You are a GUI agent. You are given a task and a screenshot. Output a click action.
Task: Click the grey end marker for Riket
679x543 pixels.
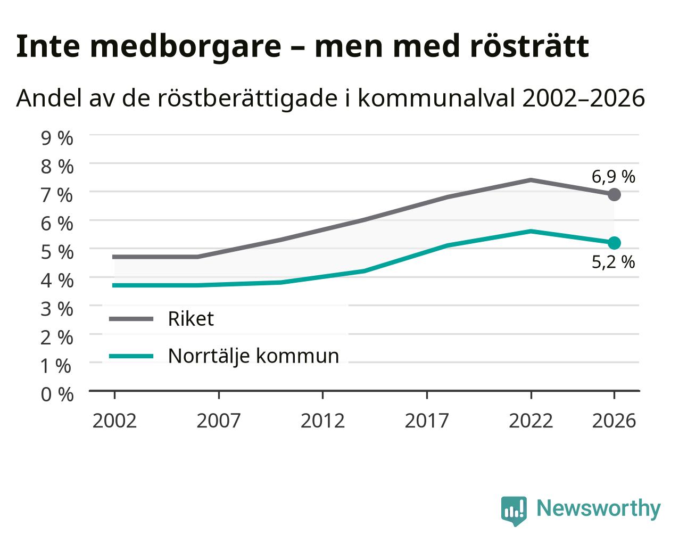click(614, 194)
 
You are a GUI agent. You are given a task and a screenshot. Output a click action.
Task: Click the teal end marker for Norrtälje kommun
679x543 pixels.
click(614, 243)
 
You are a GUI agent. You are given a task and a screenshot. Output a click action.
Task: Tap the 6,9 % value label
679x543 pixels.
click(613, 177)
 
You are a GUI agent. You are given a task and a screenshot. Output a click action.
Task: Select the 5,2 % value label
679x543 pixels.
click(613, 262)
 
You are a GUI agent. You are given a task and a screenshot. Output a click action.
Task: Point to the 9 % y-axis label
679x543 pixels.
click(57, 138)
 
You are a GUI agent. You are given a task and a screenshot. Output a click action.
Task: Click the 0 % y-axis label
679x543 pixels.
click(57, 394)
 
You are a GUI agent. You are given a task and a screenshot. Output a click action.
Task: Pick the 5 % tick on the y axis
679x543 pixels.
click(57, 252)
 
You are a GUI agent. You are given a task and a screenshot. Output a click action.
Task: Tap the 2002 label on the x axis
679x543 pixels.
click(114, 421)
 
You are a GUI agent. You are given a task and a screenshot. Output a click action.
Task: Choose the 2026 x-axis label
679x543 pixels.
click(614, 421)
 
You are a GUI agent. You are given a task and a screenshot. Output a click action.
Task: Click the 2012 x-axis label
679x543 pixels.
click(322, 421)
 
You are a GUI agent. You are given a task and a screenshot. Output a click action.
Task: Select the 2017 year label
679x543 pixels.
click(427, 421)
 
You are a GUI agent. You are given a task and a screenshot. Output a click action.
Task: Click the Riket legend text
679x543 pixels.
click(191, 318)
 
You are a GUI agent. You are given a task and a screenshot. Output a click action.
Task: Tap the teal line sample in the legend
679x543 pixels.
click(131, 356)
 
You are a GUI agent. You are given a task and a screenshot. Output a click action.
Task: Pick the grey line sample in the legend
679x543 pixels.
click(131, 319)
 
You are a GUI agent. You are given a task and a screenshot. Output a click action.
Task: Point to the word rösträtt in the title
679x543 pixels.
click(529, 46)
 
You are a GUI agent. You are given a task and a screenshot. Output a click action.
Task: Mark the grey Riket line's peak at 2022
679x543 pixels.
click(531, 180)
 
